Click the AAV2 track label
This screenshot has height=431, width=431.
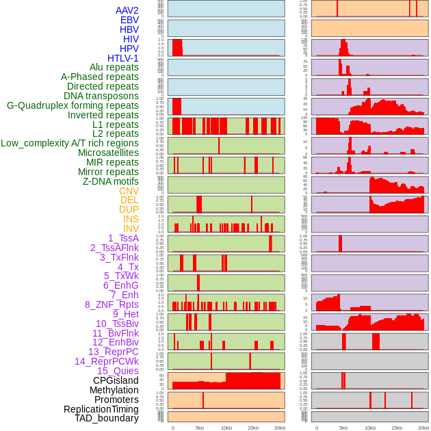tap(127, 10)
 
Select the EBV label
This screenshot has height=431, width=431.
tap(129, 20)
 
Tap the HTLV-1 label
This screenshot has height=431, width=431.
tap(122, 58)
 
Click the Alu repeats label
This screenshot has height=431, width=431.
tap(114, 67)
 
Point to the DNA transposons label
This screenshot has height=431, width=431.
tap(101, 96)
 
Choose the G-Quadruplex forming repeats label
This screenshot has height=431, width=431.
tap(73, 105)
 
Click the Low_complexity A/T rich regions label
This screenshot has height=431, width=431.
tap(70, 143)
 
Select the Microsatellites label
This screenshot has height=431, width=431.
tap(108, 153)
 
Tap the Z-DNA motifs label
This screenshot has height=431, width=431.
tap(110, 181)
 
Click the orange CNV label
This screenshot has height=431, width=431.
tap(129, 191)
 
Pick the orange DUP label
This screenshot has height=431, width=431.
tap(129, 209)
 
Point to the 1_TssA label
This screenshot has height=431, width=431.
tap(123, 238)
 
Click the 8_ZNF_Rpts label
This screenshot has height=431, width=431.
tap(112, 304)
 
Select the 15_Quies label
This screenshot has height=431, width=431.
tap(118, 371)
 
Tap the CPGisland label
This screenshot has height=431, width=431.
tap(116, 380)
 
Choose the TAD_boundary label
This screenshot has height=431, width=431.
tap(107, 418)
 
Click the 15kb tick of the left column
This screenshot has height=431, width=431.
tap(253, 428)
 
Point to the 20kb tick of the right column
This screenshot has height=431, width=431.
tap(423, 428)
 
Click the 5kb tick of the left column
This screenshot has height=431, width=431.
tap(200, 428)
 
